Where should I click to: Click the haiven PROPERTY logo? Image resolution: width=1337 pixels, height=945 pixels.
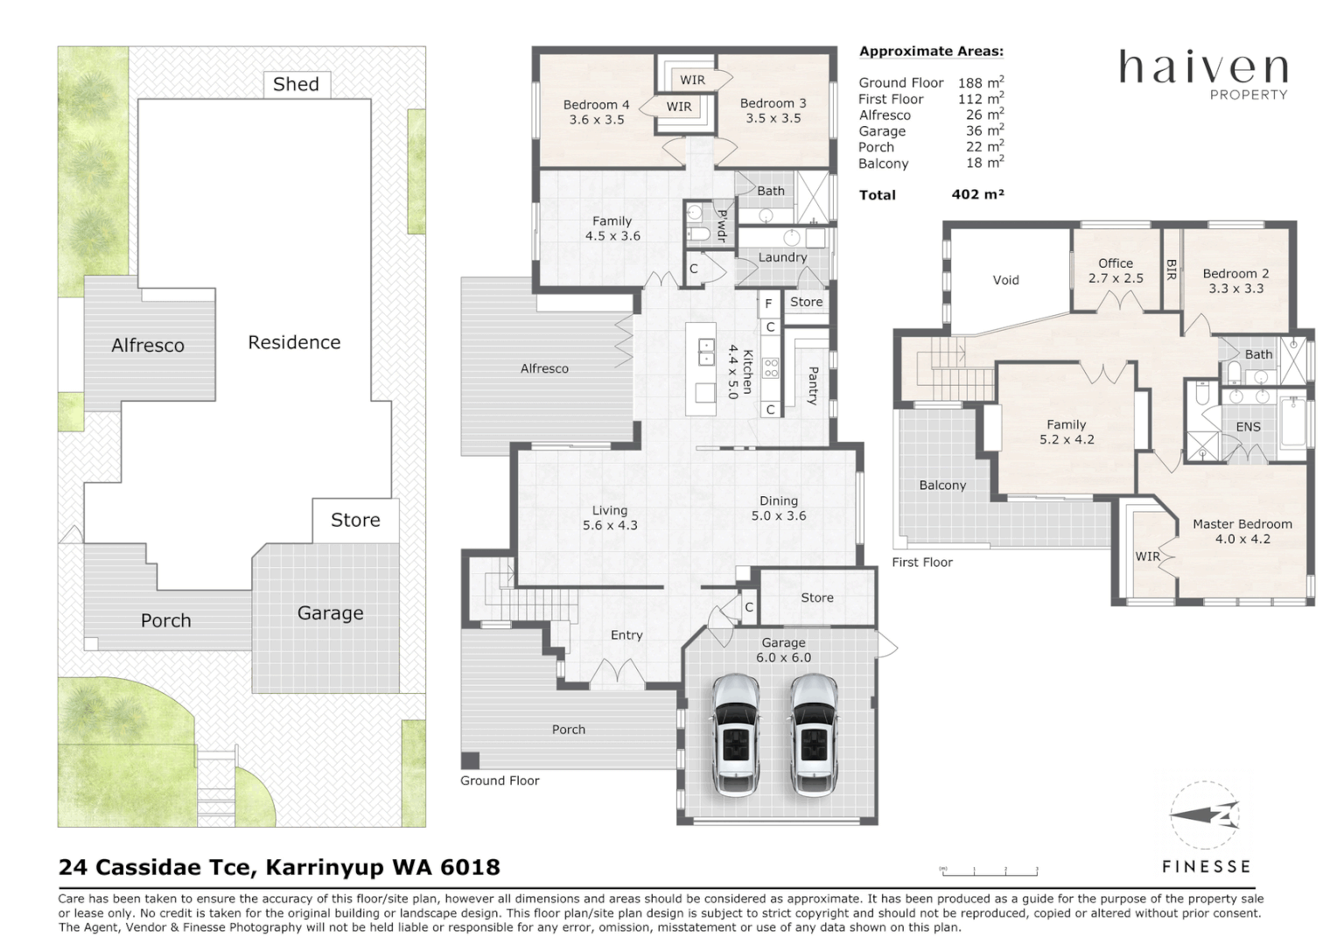pyautogui.click(x=1204, y=73)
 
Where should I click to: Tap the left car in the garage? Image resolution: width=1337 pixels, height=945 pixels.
pyautogui.click(x=736, y=734)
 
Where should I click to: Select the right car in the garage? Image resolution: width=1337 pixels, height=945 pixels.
pyautogui.click(x=814, y=734)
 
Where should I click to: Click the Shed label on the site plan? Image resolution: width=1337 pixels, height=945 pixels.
pyautogui.click(x=296, y=84)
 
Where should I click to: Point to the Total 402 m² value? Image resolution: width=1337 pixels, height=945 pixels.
pyautogui.click(x=977, y=195)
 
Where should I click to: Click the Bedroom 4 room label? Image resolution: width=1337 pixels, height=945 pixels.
pyautogui.click(x=596, y=112)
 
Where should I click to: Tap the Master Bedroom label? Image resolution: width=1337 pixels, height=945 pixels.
pyautogui.click(x=1242, y=531)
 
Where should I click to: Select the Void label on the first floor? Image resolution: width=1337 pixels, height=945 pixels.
pyautogui.click(x=1005, y=280)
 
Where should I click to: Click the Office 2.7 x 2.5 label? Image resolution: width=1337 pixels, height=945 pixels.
pyautogui.click(x=1116, y=270)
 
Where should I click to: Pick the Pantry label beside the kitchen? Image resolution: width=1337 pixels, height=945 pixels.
pyautogui.click(x=813, y=385)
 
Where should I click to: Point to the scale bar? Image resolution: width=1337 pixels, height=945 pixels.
pyautogui.click(x=989, y=871)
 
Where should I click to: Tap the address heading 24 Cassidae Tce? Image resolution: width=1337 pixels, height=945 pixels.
pyautogui.click(x=279, y=867)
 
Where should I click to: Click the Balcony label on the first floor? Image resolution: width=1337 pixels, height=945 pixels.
pyautogui.click(x=942, y=485)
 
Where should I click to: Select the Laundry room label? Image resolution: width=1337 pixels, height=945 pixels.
pyautogui.click(x=782, y=257)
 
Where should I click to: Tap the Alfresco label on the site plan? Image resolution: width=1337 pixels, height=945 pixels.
pyautogui.click(x=148, y=346)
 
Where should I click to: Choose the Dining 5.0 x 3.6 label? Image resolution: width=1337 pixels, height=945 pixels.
pyautogui.click(x=778, y=508)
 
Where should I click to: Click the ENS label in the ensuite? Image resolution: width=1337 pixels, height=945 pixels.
pyautogui.click(x=1248, y=427)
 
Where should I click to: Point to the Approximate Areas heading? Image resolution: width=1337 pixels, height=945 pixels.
pyautogui.click(x=931, y=52)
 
